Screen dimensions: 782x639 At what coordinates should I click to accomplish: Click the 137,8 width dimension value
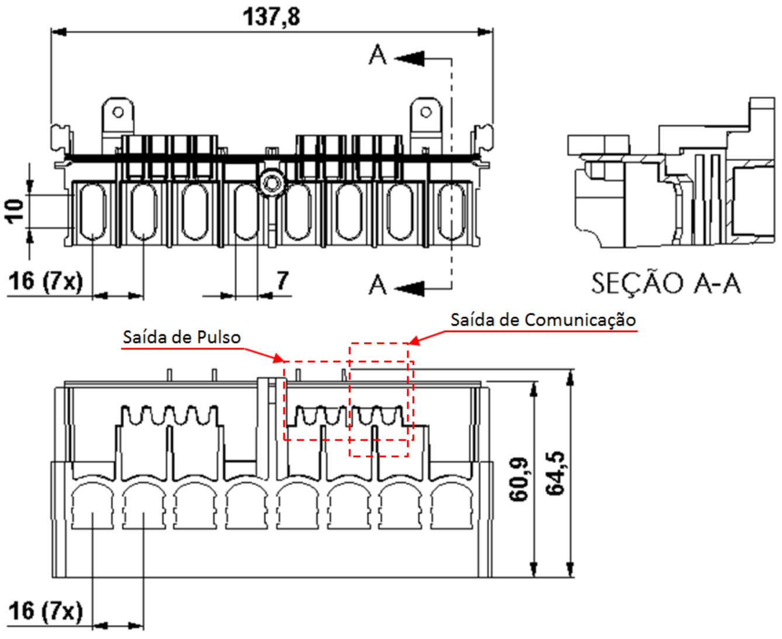[271, 17]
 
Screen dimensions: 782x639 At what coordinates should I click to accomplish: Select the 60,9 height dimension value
[519, 480]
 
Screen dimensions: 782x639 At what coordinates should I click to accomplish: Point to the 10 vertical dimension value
[14, 211]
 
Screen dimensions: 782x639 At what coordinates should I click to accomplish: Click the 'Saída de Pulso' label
[182, 337]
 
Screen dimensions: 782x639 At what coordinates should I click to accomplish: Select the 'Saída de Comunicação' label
[543, 320]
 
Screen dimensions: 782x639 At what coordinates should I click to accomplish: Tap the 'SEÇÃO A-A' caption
[666, 283]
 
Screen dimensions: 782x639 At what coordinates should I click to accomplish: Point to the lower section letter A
[377, 284]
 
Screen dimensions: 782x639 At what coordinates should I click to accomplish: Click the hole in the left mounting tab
[118, 112]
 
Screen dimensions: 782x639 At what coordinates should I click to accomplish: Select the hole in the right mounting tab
[426, 112]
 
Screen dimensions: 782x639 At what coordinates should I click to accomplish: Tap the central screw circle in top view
[273, 183]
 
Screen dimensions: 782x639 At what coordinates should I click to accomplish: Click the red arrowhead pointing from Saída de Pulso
[279, 359]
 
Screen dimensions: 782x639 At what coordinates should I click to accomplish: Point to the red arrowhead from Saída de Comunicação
[414, 341]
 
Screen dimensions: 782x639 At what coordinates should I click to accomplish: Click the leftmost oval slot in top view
[92, 211]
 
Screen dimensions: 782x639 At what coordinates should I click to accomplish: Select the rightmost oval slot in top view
[452, 211]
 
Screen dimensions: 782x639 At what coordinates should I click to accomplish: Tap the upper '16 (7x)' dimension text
[45, 281]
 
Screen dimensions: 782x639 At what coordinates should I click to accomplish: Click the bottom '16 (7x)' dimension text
[45, 611]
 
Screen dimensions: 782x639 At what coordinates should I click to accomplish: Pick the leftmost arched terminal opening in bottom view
[92, 506]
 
